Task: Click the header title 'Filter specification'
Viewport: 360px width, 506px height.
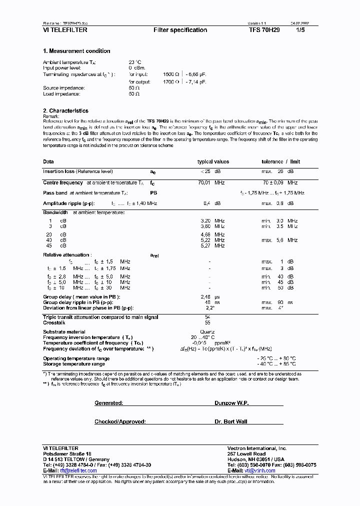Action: pyautogui.click(x=180, y=30)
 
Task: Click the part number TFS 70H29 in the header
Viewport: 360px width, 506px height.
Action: pyautogui.click(x=264, y=30)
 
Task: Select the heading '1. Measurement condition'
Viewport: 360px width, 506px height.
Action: pyautogui.click(x=76, y=51)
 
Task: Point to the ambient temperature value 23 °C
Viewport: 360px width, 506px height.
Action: pyautogui.click(x=134, y=62)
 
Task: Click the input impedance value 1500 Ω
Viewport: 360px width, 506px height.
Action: pyautogui.click(x=171, y=74)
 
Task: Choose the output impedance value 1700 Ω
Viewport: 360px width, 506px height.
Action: pyautogui.click(x=171, y=81)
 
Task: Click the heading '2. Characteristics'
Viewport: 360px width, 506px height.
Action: pyautogui.click(x=65, y=111)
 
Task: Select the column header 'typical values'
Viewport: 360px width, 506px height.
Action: pyautogui.click(x=213, y=162)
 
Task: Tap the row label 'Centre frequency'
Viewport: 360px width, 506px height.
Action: pyautogui.click(x=63, y=183)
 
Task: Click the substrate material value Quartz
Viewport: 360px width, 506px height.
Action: pyautogui.click(x=207, y=332)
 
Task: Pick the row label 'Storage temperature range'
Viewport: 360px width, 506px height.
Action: pyautogui.click(x=74, y=363)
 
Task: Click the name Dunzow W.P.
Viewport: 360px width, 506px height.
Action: pyautogui.click(x=231, y=403)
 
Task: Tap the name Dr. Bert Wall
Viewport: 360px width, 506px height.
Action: pyautogui.click(x=231, y=421)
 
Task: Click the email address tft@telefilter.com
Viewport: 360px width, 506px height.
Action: pyautogui.click(x=78, y=471)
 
